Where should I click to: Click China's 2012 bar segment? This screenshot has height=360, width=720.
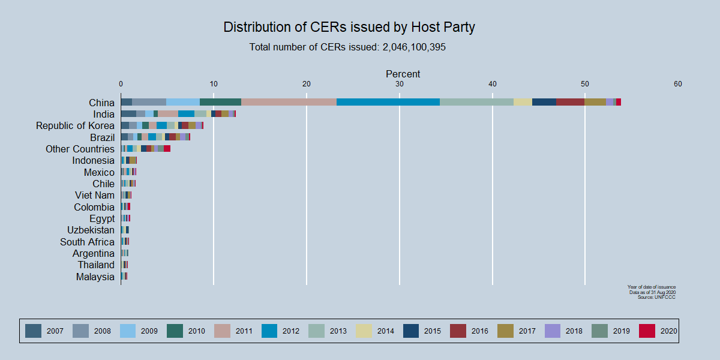pyautogui.click(x=388, y=102)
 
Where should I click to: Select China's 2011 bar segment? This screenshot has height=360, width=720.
pyautogui.click(x=289, y=102)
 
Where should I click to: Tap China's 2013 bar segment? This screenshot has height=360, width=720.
pyautogui.click(x=476, y=102)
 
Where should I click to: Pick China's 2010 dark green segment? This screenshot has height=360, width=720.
pyautogui.click(x=220, y=102)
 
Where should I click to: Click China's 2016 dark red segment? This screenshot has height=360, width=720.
pyautogui.click(x=570, y=102)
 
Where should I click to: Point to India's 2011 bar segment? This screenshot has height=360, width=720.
pyautogui.click(x=168, y=113)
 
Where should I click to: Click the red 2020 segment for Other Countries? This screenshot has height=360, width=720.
pyautogui.click(x=167, y=148)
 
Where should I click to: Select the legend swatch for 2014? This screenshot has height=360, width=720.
pyautogui.click(x=364, y=331)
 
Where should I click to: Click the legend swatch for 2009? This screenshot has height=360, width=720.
pyautogui.click(x=128, y=331)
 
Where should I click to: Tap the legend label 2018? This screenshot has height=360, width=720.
pyautogui.click(x=574, y=331)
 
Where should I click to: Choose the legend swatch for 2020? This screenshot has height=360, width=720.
pyautogui.click(x=647, y=331)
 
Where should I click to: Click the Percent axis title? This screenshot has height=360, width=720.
pyautogui.click(x=403, y=74)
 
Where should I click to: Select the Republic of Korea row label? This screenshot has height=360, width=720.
pyautogui.click(x=75, y=125)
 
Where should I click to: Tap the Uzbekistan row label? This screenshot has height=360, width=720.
pyautogui.click(x=91, y=230)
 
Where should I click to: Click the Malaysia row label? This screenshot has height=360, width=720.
pyautogui.click(x=95, y=277)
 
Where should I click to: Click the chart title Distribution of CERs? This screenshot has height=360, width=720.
pyautogui.click(x=349, y=27)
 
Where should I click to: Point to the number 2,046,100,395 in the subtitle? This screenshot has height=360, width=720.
pyautogui.click(x=414, y=47)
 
